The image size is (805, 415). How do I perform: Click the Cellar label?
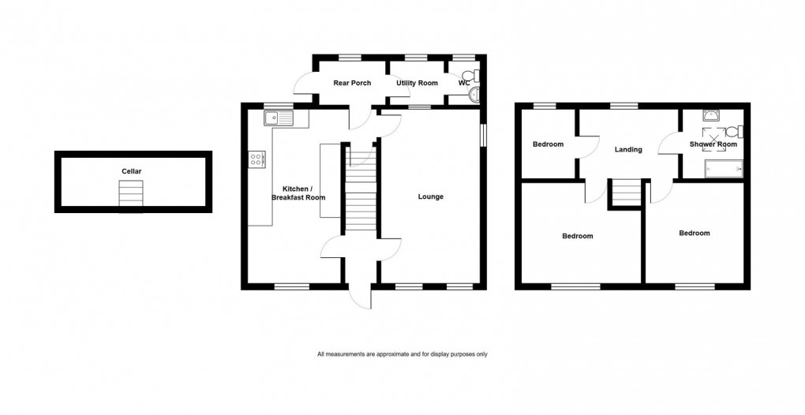click(132, 170)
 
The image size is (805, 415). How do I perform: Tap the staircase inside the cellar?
click(132, 193)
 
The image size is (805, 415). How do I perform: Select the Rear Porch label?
click(352, 83)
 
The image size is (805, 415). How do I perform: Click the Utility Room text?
click(416, 83)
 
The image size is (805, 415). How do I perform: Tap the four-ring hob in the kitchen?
click(257, 159)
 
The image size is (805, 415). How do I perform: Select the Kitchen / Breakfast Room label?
click(304, 193)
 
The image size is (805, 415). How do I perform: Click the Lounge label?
click(430, 196)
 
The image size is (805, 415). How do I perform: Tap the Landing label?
click(628, 149)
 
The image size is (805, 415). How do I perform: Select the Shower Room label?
click(713, 144)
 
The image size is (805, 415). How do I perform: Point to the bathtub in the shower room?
click(722, 167)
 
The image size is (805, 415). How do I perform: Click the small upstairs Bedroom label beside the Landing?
click(548, 144)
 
